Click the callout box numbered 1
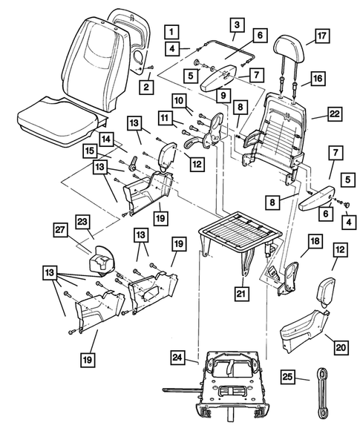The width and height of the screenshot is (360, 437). (x=171, y=32)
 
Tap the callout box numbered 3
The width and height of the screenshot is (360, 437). (x=236, y=26)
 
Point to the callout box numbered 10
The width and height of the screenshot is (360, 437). (x=180, y=101)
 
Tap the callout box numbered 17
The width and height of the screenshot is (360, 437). (x=321, y=35)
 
